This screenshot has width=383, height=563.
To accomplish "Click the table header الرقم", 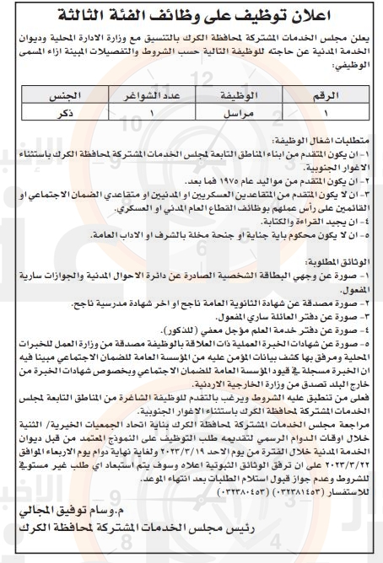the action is tap(334, 98).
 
